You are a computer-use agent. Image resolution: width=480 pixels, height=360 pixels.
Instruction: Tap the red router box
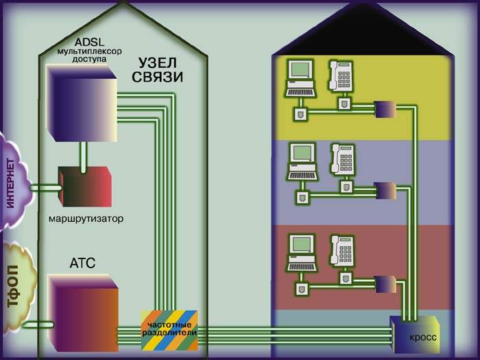tap(84, 186)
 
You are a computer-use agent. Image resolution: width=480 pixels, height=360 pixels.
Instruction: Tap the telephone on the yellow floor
tap(340, 75)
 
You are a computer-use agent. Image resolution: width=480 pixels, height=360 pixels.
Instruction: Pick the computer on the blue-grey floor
tap(302, 161)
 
